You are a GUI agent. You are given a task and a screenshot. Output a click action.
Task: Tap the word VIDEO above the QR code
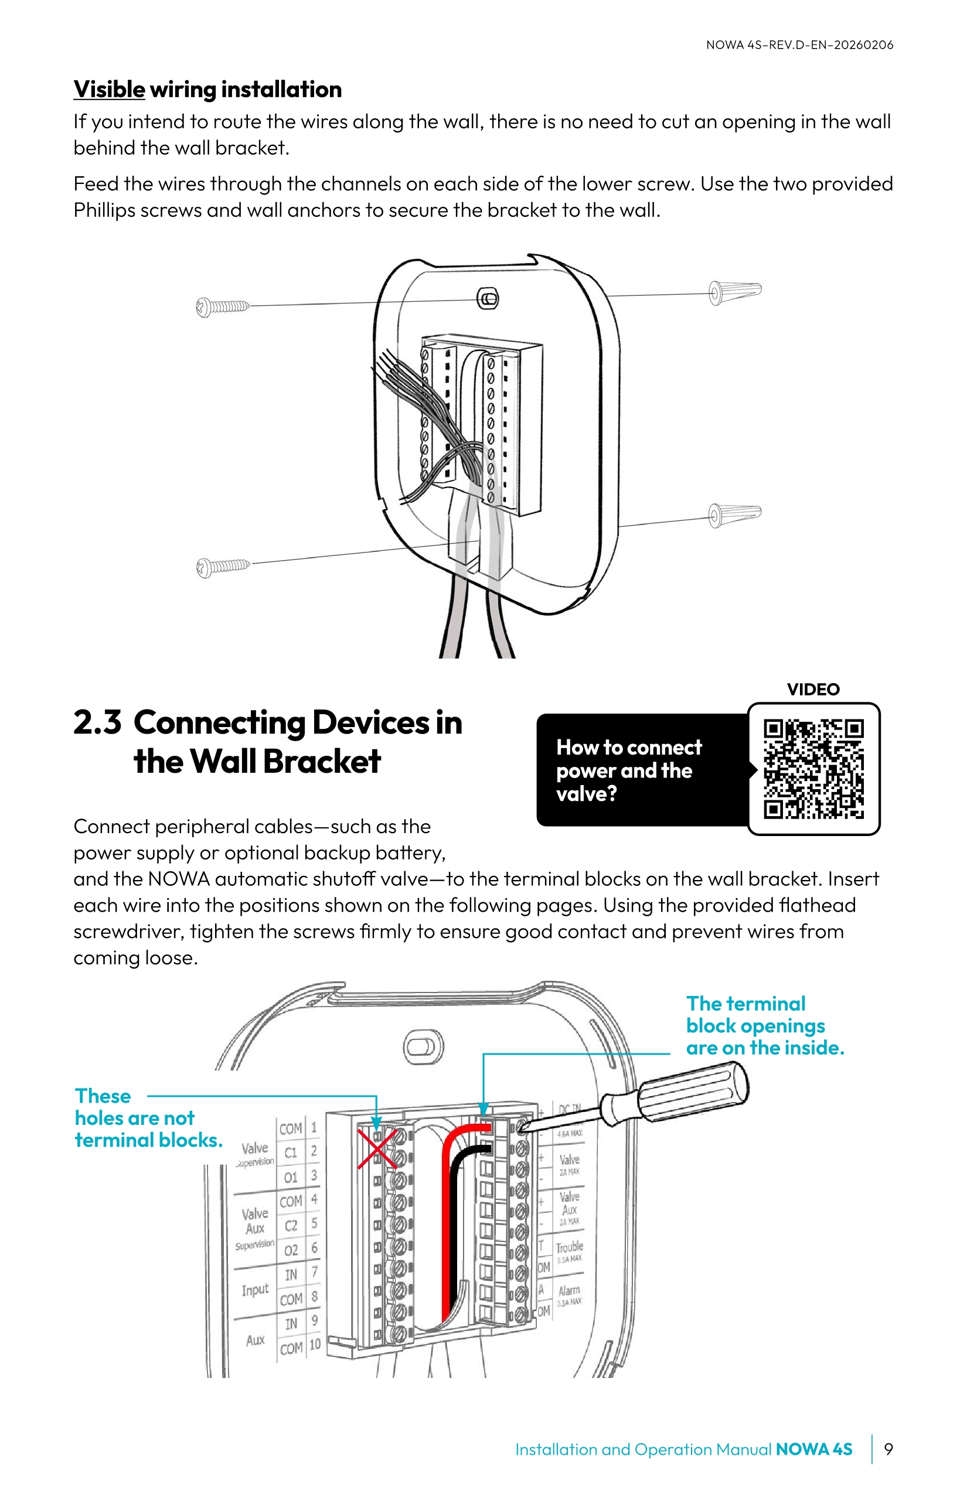(x=813, y=689)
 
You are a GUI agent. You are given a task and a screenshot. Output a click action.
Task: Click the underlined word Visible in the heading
(x=109, y=89)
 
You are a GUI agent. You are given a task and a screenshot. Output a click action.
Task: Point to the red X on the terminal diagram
(x=377, y=1149)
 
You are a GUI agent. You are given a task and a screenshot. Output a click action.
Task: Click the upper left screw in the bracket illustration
(x=222, y=307)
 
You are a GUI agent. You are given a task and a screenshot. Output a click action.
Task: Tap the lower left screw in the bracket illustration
(x=222, y=567)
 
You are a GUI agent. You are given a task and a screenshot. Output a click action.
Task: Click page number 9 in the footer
(x=888, y=1449)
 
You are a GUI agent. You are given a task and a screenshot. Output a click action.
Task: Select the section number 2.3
(x=97, y=722)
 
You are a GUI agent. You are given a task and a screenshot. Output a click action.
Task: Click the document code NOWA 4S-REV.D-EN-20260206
(x=799, y=45)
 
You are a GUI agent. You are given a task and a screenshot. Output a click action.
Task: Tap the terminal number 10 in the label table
(x=315, y=1344)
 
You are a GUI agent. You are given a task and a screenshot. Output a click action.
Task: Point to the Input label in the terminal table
(x=255, y=1290)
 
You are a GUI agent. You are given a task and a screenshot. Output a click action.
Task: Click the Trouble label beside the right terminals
(x=570, y=1247)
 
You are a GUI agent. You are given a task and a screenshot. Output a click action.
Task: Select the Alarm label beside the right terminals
(x=569, y=1291)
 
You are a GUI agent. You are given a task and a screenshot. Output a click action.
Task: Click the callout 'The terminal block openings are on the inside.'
(x=764, y=1026)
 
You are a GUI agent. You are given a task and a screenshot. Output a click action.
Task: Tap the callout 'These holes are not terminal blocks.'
(x=148, y=1118)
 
